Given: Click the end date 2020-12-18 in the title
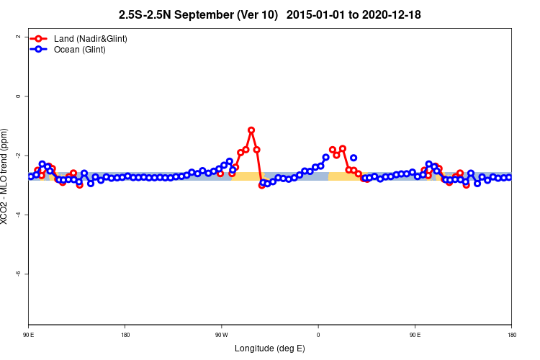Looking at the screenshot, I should (x=395, y=14).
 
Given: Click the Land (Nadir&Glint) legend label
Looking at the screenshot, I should (x=91, y=38).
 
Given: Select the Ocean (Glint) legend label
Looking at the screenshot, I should (x=80, y=50).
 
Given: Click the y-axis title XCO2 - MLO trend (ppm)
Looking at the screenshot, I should (x=6, y=176).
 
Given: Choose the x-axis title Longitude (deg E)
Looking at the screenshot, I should (x=270, y=348).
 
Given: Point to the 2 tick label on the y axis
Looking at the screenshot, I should (x=17, y=37).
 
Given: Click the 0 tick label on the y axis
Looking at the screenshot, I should (x=17, y=96).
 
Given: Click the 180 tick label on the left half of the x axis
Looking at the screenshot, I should (x=125, y=335).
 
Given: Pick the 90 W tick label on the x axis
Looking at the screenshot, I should (x=221, y=335).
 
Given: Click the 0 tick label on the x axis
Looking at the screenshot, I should (x=318, y=335).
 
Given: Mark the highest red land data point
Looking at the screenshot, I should (x=251, y=130).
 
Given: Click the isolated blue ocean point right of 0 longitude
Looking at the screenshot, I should (x=354, y=158).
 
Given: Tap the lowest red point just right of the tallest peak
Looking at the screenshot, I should (x=262, y=185).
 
